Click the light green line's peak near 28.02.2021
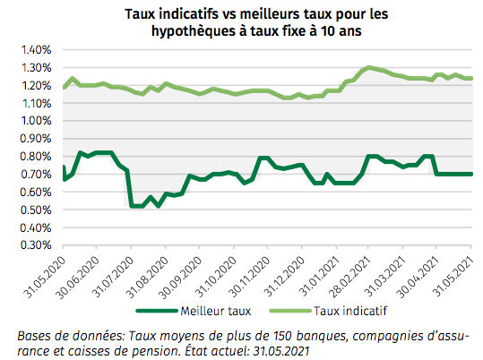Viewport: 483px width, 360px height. point(367,67)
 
